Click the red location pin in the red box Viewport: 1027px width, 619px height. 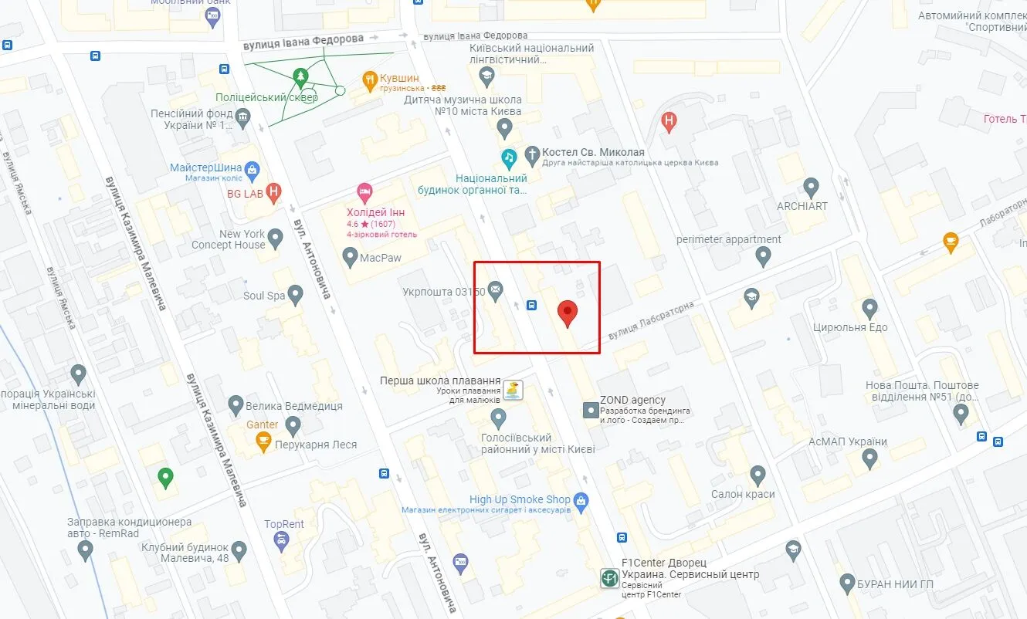point(568,311)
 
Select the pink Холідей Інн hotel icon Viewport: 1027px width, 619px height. point(364,191)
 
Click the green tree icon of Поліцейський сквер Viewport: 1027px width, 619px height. point(300,76)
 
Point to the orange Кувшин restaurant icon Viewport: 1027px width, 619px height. point(370,79)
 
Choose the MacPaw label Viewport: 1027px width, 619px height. point(381,257)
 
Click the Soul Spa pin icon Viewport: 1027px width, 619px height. point(295,295)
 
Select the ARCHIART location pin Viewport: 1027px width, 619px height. point(811,186)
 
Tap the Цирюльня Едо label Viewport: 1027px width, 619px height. point(850,327)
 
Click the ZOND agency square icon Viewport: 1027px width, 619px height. point(590,411)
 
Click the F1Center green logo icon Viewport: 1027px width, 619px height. point(609,578)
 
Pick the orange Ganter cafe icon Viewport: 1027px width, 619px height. point(263,441)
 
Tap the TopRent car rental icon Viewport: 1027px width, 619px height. point(281,542)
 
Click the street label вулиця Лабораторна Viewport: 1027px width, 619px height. point(651,320)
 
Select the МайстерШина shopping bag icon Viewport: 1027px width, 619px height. point(252,169)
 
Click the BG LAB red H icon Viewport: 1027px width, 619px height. point(273,193)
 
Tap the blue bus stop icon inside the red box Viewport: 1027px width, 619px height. point(531,305)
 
